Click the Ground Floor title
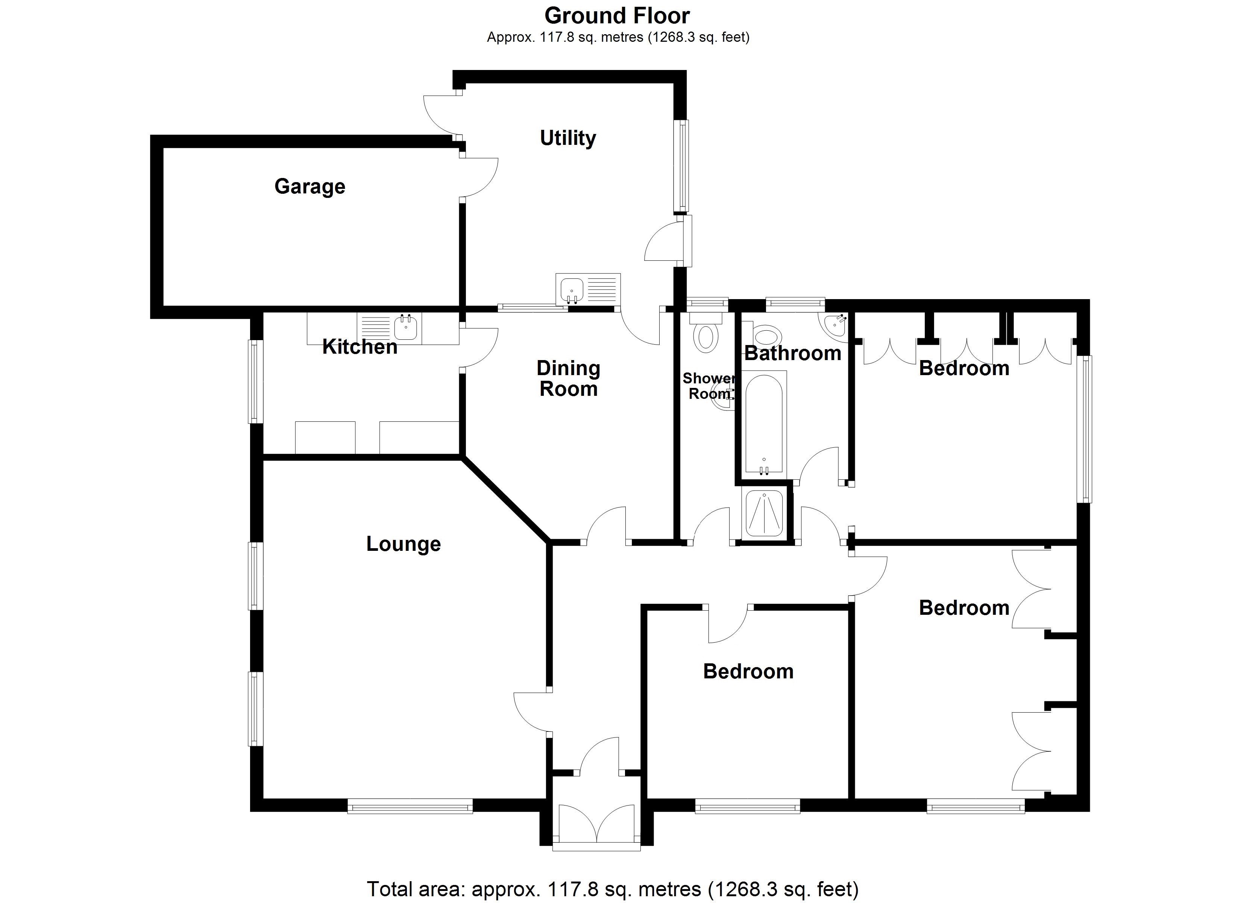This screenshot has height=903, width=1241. pos(617,16)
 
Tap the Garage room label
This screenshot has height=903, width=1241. pos(310,187)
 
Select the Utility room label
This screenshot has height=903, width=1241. pos(567,138)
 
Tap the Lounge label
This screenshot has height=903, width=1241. pos(403,544)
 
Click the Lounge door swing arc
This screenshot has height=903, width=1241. pos(529,711)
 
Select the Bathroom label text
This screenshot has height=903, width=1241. pos(792,354)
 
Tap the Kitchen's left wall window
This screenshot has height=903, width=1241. pos(255,382)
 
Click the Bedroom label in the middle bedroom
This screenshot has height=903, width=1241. pos(748,671)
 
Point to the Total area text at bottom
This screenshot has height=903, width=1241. pos(612,888)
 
